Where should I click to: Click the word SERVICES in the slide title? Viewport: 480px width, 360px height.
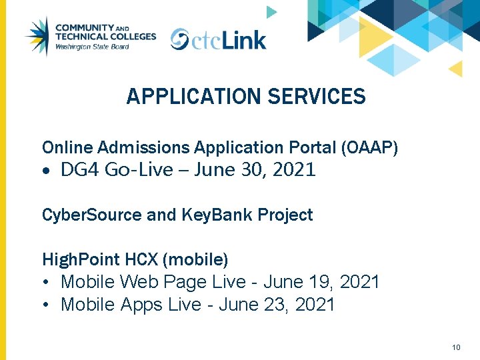[317, 97]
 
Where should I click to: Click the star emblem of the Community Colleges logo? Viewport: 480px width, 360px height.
[38, 36]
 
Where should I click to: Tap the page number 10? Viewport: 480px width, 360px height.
[456, 347]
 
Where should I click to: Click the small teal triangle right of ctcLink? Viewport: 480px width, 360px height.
[271, 12]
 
